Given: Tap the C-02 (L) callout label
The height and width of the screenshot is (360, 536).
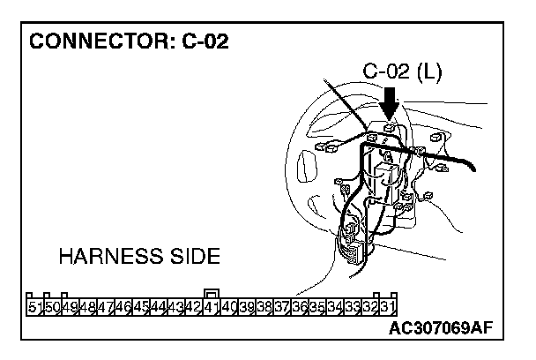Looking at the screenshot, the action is [402, 71].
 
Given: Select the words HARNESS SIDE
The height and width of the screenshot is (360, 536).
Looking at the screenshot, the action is [138, 257].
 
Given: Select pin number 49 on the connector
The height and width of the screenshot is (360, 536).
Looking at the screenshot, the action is [71, 307].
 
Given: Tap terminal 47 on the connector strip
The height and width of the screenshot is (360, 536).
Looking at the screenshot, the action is [106, 307].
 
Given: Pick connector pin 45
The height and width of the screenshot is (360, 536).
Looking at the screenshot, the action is [141, 307].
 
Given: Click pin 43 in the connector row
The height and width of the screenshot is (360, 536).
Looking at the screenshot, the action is [176, 307].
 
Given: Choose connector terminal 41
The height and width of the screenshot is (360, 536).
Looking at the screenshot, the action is [212, 307].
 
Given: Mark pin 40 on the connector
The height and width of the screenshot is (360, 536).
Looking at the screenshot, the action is [229, 307].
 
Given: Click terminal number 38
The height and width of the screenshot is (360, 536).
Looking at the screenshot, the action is [264, 307].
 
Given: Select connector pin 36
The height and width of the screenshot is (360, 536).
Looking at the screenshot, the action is [300, 307].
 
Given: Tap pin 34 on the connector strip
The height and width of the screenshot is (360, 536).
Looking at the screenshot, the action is [335, 307].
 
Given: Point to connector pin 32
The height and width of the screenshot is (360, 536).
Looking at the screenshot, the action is [370, 307].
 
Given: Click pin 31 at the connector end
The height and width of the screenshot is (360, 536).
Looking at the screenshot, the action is [388, 307].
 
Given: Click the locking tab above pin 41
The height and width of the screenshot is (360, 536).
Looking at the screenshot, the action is [212, 293].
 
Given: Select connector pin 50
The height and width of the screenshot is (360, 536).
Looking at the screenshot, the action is [53, 307].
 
